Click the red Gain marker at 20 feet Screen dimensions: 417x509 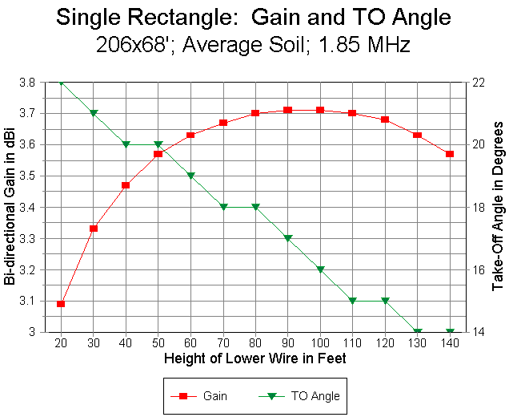point(61,304)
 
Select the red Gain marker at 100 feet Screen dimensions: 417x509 point(320,110)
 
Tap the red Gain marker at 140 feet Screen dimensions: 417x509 point(450,153)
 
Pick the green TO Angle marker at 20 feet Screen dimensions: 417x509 point(61,82)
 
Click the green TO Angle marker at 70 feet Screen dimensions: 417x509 point(223,207)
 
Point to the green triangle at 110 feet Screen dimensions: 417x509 point(353,301)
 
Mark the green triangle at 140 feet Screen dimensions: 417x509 point(450,332)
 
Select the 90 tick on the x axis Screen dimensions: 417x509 point(288,342)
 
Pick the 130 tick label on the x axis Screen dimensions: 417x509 point(417,342)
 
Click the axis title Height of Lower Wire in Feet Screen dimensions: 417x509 point(255,358)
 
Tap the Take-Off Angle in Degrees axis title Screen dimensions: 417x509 point(498,207)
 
